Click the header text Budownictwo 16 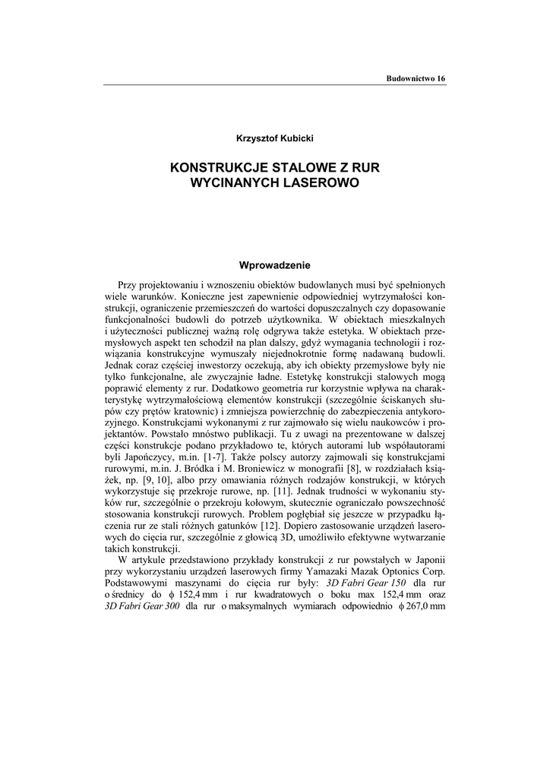416,79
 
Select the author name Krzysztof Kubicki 275,138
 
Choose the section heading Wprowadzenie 275,265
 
